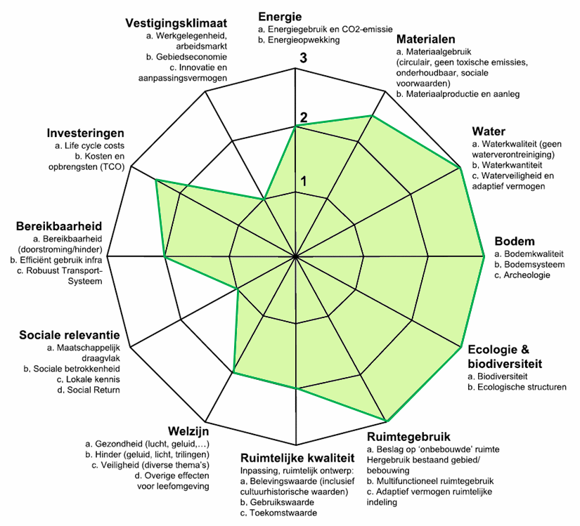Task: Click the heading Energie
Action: point(280,16)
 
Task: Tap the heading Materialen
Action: point(425,39)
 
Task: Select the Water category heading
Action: point(488,131)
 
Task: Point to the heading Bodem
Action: point(515,241)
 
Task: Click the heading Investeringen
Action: point(86,133)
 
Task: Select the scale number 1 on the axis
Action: point(304,181)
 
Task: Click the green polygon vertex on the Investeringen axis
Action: point(155,180)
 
